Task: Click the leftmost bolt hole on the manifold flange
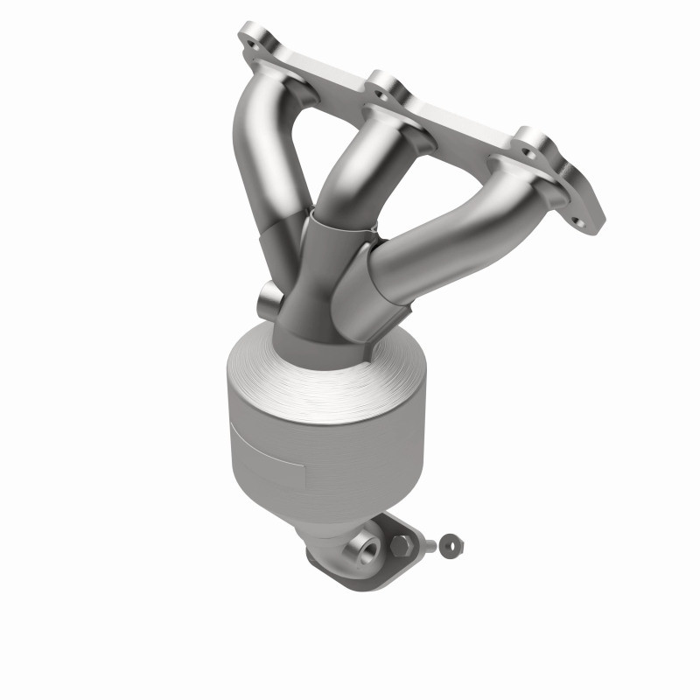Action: click(253, 40)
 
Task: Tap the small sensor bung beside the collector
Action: click(269, 302)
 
